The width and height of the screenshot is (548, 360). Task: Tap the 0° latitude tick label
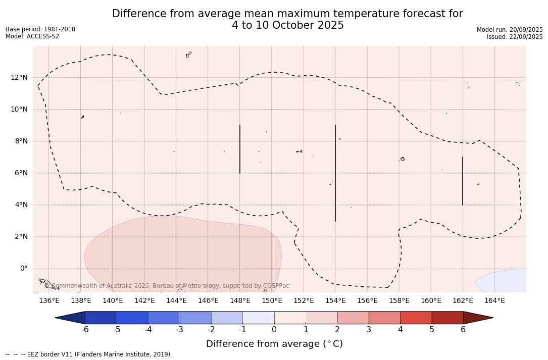click(x=23, y=269)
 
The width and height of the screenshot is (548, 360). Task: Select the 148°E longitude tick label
click(x=240, y=301)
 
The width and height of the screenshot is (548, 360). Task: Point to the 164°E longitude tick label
click(x=494, y=301)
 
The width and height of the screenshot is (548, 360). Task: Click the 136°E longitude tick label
click(x=49, y=301)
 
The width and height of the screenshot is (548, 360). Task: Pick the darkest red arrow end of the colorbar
click(x=478, y=318)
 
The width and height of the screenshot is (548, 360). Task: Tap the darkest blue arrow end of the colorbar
click(x=70, y=318)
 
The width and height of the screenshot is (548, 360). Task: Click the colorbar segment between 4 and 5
click(x=416, y=318)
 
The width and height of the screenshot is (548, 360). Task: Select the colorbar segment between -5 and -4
click(x=133, y=318)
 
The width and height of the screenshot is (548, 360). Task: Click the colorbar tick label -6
click(x=85, y=330)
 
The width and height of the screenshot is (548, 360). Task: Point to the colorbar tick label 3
click(x=369, y=330)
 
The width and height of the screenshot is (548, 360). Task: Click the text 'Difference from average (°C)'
click(x=274, y=344)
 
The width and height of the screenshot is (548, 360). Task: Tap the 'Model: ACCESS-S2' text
click(x=32, y=36)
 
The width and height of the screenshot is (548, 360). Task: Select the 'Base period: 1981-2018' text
click(x=40, y=29)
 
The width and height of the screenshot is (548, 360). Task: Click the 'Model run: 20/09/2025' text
click(x=510, y=30)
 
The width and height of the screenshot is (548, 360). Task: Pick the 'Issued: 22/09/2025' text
click(x=515, y=37)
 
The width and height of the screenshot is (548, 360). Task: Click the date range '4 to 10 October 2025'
click(x=288, y=25)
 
